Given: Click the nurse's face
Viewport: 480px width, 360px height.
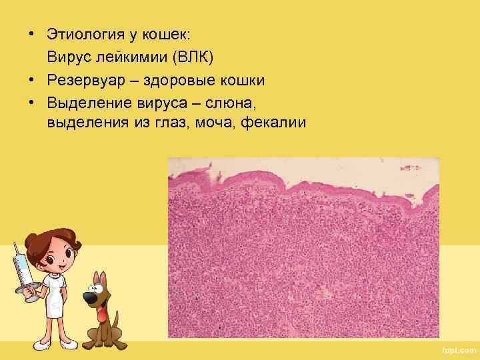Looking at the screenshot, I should [57, 250].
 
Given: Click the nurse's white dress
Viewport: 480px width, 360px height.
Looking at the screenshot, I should [56, 293].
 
